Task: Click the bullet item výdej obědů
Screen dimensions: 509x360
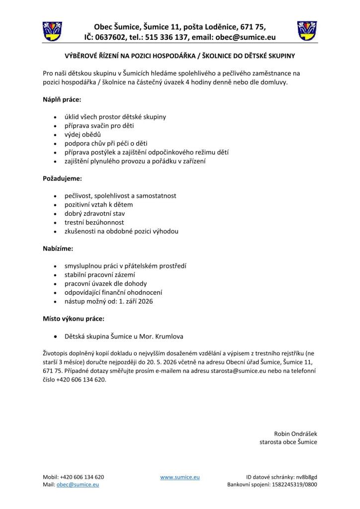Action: [83, 134]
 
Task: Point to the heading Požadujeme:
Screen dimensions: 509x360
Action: [63, 178]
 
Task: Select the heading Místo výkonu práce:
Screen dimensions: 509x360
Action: [74, 319]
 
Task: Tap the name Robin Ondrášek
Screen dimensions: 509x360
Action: [295, 433]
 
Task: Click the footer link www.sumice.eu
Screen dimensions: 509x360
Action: [180, 477]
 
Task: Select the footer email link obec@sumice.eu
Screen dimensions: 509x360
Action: [78, 485]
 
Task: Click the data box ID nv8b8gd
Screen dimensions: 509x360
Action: [306, 477]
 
